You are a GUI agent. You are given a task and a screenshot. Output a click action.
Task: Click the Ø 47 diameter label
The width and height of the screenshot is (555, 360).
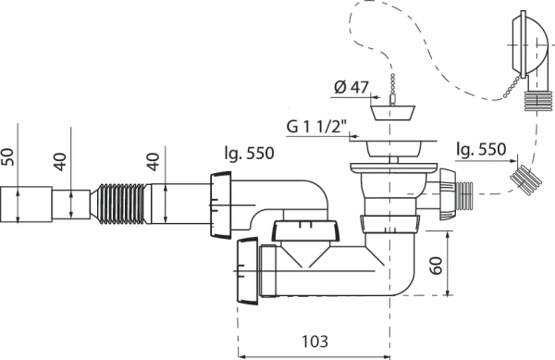coord(351,87)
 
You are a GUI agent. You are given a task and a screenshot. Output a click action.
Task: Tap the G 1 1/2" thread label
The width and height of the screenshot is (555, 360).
coord(316,127)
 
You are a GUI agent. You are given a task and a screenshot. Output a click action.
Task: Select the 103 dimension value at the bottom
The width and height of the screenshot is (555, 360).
coord(314,341)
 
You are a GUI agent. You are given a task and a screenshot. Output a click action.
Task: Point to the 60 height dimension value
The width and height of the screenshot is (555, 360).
coord(436,265)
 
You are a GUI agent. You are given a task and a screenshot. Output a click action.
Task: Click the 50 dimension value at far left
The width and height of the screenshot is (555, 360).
coord(7,156)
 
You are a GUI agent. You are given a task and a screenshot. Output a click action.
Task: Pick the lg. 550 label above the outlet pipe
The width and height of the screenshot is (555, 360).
coord(249,153)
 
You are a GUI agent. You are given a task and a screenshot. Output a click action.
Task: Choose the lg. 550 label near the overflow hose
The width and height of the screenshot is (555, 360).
coord(481,149)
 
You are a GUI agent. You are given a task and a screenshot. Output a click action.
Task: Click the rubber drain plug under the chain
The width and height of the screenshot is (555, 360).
coord(392,112)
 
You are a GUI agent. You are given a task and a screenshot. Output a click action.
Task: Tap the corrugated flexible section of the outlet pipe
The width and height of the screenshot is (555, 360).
coord(120,204)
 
